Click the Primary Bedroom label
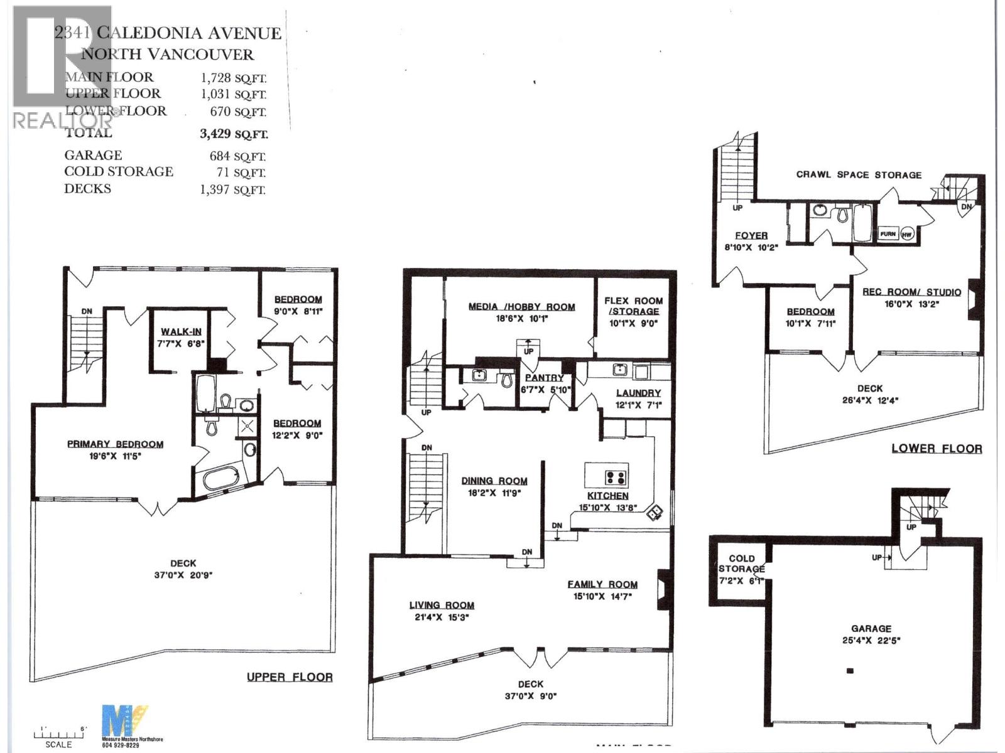pos(115,444)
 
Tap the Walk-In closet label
pos(181,332)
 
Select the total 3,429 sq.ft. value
pos(233,134)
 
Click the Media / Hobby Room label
pos(521,307)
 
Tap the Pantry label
pos(544,378)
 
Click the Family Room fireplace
pos(663,590)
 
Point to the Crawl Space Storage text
pos(859,174)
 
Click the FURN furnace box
pos(888,234)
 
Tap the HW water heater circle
pos(906,234)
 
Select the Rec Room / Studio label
pos(911,292)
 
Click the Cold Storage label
pos(742,563)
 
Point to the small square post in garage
pos(850,671)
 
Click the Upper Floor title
pos(290,677)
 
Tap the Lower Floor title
pos(937,448)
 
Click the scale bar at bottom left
pos(58,735)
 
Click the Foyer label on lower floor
pos(751,235)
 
